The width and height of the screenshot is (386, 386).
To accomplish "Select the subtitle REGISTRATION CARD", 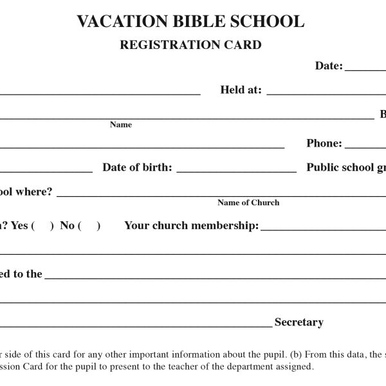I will point(190,45).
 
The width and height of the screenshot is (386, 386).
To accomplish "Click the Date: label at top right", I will point(329,66).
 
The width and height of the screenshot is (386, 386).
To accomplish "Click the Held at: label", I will point(241,90).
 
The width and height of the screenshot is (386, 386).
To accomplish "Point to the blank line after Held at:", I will point(326,94).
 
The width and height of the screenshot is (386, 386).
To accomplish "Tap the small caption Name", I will point(121,125).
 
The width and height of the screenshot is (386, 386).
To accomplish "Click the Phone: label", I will point(324,143).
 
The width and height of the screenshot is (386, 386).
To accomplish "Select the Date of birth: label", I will point(137,168).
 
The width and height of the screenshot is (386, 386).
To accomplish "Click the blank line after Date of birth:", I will point(236,172).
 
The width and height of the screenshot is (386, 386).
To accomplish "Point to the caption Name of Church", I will point(248,203).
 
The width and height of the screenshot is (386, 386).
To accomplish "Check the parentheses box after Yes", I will point(42,226).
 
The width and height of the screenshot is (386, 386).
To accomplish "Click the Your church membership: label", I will point(191,226).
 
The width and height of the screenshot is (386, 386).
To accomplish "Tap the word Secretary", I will point(299,322).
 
